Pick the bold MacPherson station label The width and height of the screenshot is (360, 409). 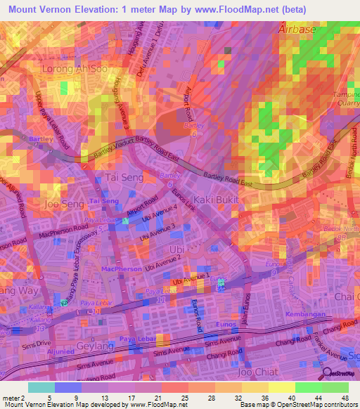(x=117, y=268)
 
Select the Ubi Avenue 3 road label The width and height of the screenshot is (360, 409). (x=157, y=233)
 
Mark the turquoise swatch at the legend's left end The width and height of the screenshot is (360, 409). (x=41, y=387)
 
